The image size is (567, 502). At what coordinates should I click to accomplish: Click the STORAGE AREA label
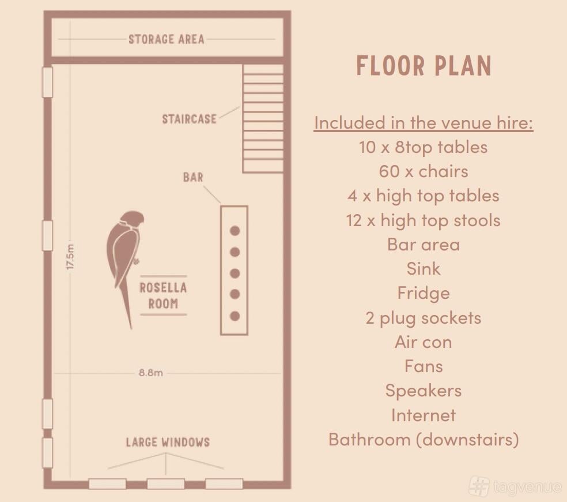click(x=167, y=39)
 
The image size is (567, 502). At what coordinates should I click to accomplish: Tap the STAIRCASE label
click(x=189, y=119)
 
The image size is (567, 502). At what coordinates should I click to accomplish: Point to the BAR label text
click(x=193, y=178)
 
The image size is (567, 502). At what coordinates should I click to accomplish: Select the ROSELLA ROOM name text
click(x=164, y=295)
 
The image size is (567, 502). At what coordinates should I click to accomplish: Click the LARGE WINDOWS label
click(x=168, y=442)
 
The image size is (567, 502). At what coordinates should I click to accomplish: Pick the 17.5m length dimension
click(x=70, y=256)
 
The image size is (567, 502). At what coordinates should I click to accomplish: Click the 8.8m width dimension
click(x=151, y=373)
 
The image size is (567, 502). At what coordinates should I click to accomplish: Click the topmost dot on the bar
click(x=235, y=231)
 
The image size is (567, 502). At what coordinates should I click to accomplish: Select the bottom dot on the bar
click(x=235, y=316)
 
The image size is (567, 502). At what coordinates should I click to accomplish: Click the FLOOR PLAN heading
click(x=424, y=66)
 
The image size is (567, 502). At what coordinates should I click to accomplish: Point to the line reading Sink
click(x=424, y=269)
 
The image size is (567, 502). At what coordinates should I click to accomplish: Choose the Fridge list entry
click(x=424, y=293)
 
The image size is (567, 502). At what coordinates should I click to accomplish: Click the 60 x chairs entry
click(x=424, y=171)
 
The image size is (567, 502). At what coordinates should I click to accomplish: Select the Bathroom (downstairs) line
click(x=424, y=440)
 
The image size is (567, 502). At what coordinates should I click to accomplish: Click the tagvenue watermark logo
click(x=516, y=486)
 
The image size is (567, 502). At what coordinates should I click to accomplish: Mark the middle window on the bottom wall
click(x=165, y=484)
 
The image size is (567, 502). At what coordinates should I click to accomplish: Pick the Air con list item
click(x=424, y=342)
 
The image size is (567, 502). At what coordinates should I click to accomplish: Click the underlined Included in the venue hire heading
click(x=424, y=123)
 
